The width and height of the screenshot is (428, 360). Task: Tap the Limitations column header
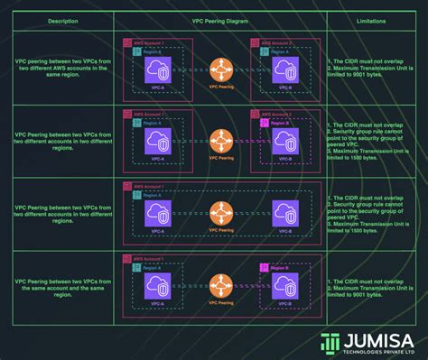pos(371,18)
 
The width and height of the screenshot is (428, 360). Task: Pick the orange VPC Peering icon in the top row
pos(220,69)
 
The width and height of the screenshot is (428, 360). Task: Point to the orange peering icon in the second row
pos(220,139)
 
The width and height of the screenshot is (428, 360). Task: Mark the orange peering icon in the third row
pos(220,213)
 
